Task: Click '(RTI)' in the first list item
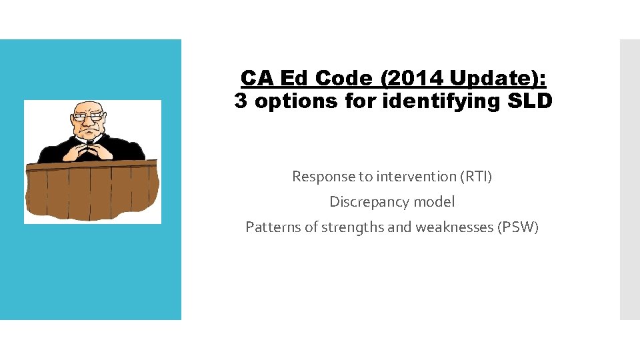tap(475, 177)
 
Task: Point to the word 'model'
tap(434, 201)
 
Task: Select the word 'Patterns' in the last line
tap(273, 227)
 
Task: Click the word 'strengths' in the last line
tap(353, 227)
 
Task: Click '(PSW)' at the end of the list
tap(517, 227)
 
